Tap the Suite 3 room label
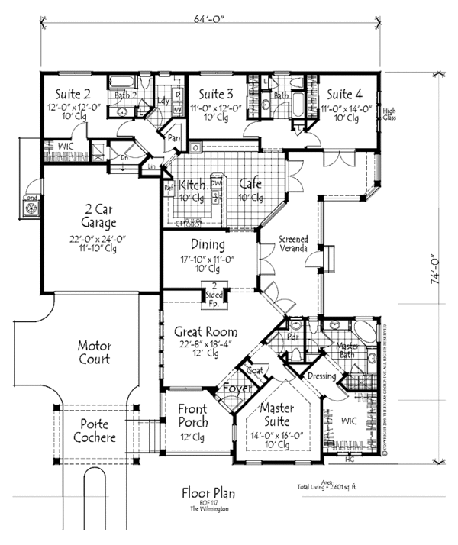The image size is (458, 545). (216, 95)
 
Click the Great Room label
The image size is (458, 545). (205, 332)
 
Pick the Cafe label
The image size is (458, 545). (250, 185)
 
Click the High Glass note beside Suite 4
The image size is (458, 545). (389, 112)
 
